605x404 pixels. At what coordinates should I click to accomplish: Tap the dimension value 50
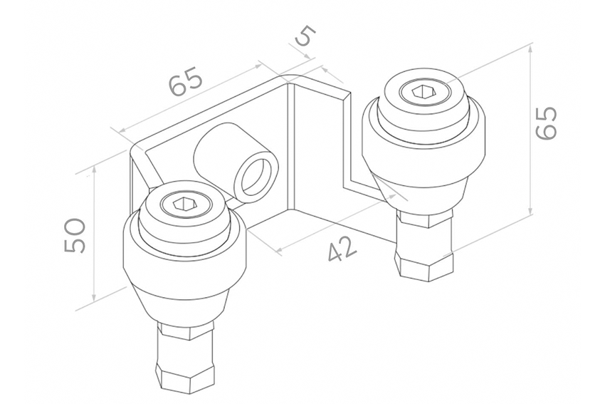pos(75,236)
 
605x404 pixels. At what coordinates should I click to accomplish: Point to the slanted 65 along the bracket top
pos(186,81)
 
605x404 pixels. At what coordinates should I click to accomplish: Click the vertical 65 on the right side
pos(547,123)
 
